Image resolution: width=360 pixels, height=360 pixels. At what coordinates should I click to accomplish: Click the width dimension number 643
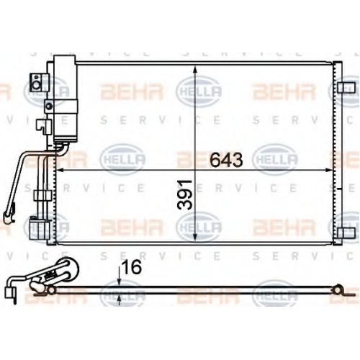pos(226,160)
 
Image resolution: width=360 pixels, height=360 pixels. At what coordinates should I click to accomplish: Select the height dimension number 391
pos(185,194)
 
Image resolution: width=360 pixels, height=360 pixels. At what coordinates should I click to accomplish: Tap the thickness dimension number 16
pos(132,267)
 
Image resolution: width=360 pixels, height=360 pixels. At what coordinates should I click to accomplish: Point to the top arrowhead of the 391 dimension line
pos(195,70)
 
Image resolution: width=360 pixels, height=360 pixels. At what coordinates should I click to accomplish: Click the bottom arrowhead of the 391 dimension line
pos(195,236)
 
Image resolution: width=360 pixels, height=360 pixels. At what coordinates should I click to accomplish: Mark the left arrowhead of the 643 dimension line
pos(60,170)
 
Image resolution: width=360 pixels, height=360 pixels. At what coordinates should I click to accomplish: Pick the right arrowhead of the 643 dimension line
pos(328,170)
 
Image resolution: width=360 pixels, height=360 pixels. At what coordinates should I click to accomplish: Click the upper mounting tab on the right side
pos(346,88)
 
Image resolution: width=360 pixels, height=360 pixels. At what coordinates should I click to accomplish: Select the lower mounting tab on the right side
pos(346,233)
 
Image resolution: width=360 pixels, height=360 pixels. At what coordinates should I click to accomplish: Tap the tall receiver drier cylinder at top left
pos(65,99)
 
